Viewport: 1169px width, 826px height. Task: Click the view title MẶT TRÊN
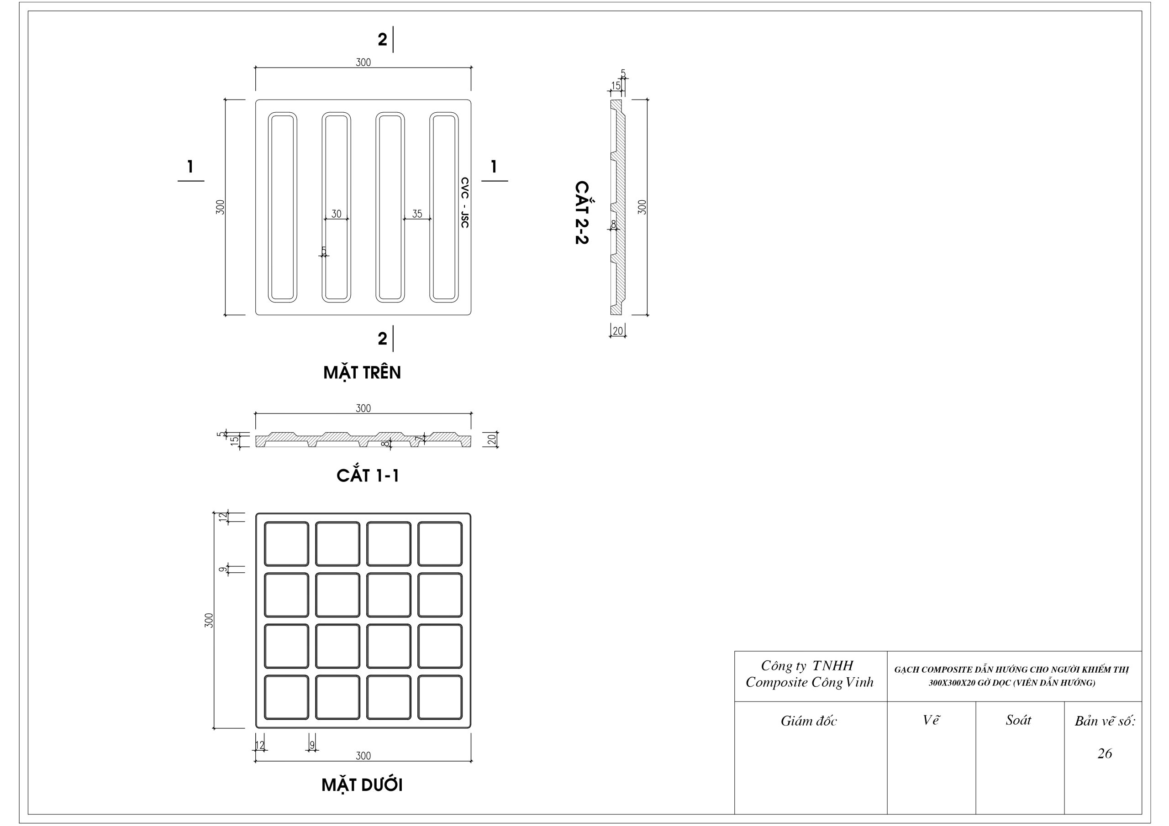(x=362, y=372)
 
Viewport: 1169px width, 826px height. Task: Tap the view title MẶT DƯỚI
(x=362, y=785)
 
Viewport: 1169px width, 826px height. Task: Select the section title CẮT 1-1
(x=368, y=476)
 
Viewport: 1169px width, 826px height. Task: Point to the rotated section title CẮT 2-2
(x=581, y=212)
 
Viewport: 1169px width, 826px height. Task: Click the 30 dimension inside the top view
(x=337, y=214)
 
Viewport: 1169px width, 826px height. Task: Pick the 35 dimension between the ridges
(x=417, y=214)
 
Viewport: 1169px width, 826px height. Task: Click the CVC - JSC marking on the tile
(x=464, y=202)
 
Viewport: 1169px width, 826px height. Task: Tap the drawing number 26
(x=1104, y=753)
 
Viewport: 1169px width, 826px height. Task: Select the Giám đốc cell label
(x=809, y=721)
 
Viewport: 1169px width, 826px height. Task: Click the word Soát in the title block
(x=1018, y=720)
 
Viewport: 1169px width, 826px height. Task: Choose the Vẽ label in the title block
(x=931, y=720)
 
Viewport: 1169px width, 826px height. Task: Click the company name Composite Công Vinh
(x=810, y=682)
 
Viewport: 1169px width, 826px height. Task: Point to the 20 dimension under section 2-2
(x=617, y=331)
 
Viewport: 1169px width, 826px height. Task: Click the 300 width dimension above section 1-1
(x=363, y=408)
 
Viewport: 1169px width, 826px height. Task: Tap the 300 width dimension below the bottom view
(x=363, y=756)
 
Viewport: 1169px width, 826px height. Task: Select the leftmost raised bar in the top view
(x=283, y=207)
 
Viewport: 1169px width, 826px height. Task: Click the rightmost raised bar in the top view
(x=443, y=207)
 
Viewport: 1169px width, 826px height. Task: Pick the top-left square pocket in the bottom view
(x=286, y=544)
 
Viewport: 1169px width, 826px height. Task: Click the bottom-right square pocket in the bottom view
(x=440, y=697)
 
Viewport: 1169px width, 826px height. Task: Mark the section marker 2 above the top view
(x=382, y=40)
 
